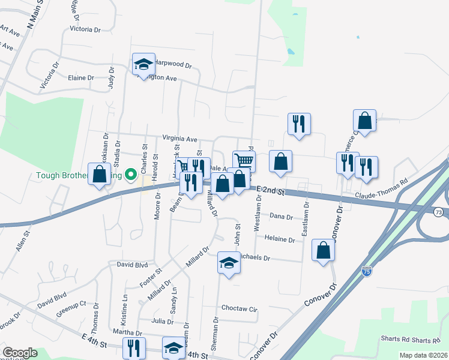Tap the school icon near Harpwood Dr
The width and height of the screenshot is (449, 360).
click(x=143, y=65)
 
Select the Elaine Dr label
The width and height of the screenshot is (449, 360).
click(x=81, y=78)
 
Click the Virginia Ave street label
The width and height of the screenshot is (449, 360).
click(x=179, y=139)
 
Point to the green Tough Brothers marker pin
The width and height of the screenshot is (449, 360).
click(x=130, y=175)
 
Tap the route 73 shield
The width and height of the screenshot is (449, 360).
click(x=439, y=212)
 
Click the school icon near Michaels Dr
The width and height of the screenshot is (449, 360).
click(x=228, y=263)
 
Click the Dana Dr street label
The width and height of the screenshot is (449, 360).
click(x=281, y=217)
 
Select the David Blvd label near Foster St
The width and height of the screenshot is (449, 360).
click(x=132, y=264)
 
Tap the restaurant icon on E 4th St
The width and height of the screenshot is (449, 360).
click(x=133, y=348)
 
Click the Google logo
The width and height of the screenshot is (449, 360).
click(x=20, y=353)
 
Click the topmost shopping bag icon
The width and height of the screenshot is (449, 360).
click(x=364, y=120)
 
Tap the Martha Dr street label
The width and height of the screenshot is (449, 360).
click(x=127, y=333)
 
